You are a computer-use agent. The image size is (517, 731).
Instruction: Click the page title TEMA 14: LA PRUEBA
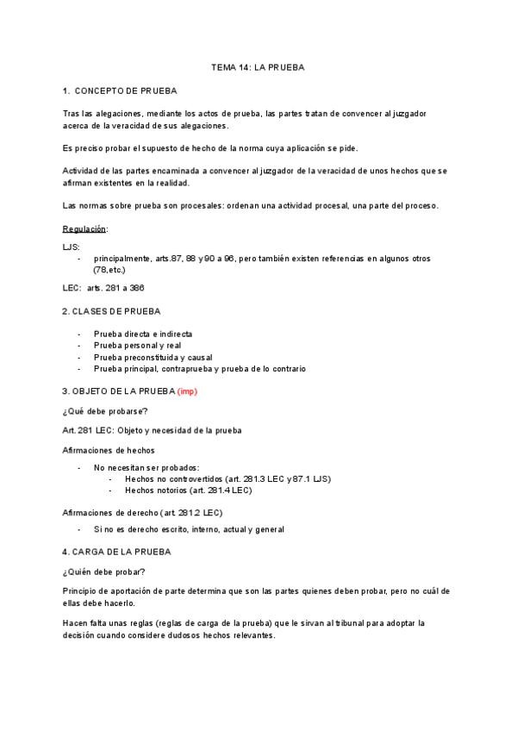coord(258,66)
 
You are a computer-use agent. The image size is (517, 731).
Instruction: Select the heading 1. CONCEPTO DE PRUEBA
coord(121,90)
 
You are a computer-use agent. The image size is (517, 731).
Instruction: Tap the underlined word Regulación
coord(84,228)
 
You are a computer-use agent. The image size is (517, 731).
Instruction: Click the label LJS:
coord(72,247)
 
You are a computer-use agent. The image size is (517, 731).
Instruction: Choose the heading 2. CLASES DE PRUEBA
coord(112,310)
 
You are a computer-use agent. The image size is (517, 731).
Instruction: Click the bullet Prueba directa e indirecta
coord(143,334)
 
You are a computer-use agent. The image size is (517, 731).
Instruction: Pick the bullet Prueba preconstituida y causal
coord(153,357)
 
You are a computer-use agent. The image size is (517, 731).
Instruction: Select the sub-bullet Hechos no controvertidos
coord(227,478)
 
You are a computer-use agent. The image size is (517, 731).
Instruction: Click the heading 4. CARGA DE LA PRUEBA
coord(117,551)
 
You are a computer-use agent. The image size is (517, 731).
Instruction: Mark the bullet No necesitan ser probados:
coord(146,467)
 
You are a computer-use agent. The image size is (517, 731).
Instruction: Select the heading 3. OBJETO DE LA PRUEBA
coord(119,392)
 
